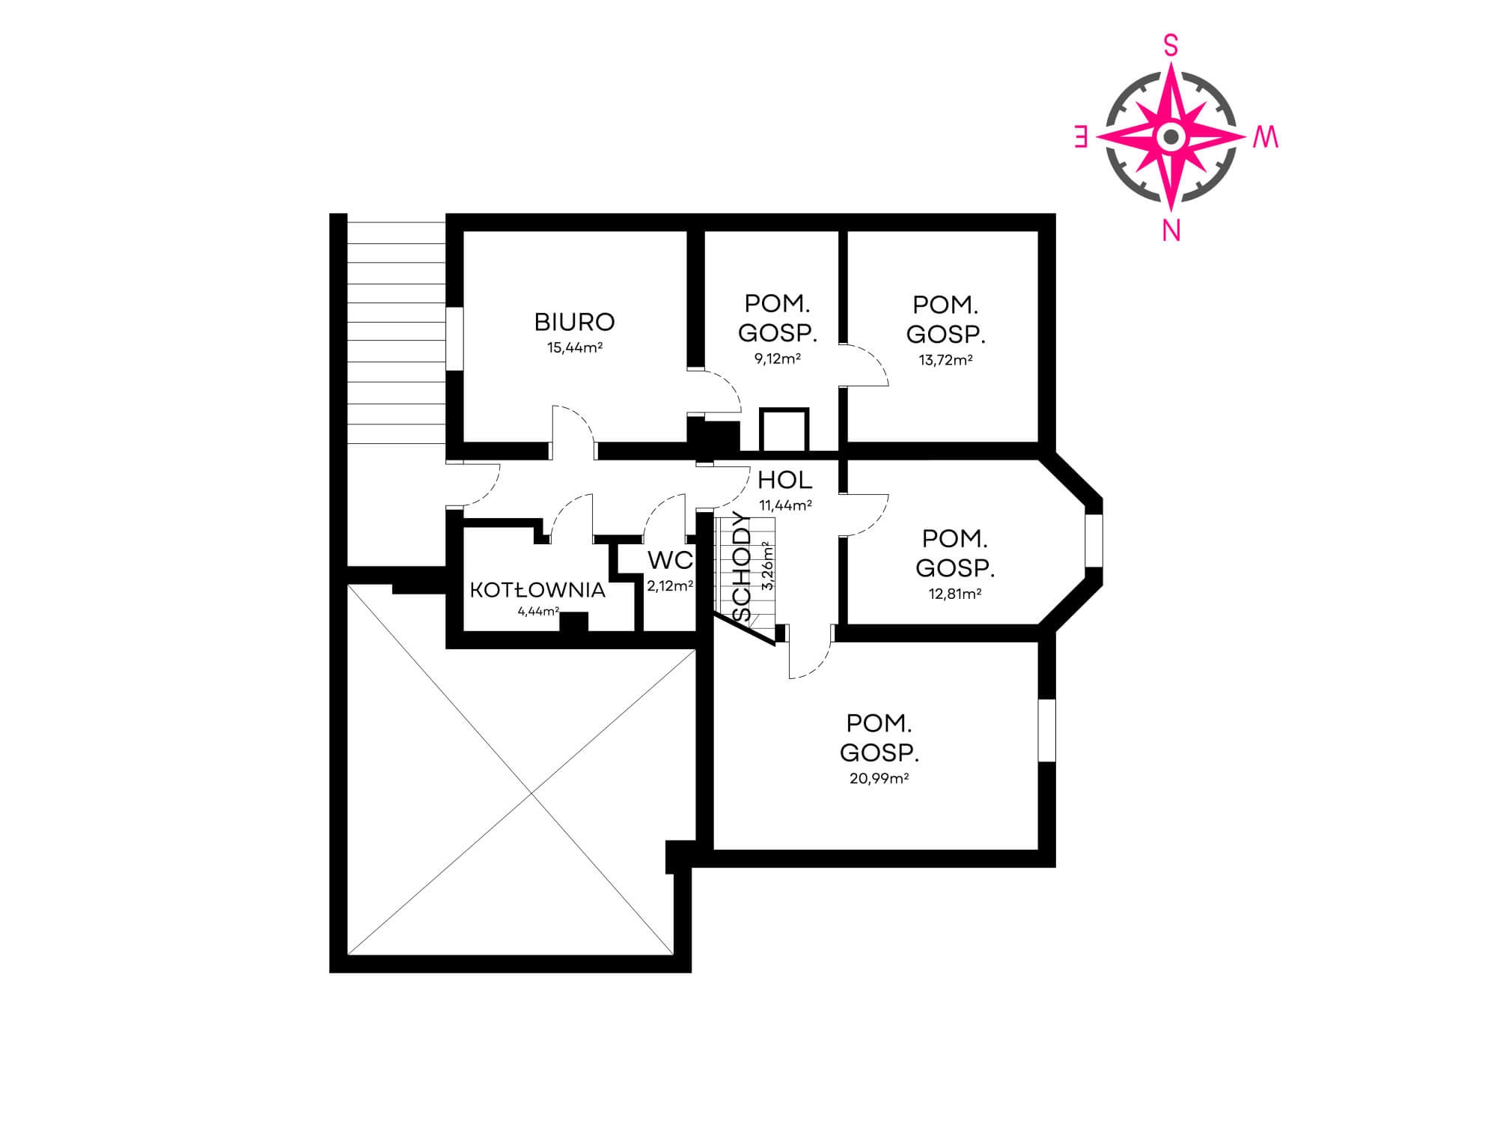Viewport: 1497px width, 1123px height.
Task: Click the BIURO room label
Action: click(x=574, y=322)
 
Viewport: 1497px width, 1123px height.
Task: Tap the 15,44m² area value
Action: click(x=575, y=347)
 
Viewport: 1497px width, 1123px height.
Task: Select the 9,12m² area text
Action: click(x=778, y=358)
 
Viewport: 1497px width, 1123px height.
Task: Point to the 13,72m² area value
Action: click(x=945, y=359)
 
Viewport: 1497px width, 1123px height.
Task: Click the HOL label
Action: click(x=784, y=480)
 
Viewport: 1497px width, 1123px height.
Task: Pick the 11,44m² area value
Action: click(x=785, y=505)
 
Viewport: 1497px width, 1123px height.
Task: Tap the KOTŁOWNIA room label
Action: click(x=537, y=590)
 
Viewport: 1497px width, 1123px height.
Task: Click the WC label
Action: click(x=670, y=560)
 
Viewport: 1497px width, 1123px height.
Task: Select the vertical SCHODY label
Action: click(x=743, y=566)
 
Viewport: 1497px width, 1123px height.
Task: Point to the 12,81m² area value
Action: click(x=954, y=594)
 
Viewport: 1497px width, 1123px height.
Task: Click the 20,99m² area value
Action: click(x=879, y=778)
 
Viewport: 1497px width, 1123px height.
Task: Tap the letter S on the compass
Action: click(x=1171, y=47)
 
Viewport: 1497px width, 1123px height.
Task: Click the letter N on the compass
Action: click(x=1171, y=231)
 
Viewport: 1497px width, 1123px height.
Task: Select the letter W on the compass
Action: click(x=1265, y=138)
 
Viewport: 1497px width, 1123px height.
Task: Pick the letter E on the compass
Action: click(x=1081, y=137)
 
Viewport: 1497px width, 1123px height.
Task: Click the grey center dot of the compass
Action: click(x=1171, y=137)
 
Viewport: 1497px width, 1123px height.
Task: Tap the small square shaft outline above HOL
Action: click(x=784, y=430)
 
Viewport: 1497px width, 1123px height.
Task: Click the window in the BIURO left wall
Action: click(x=454, y=338)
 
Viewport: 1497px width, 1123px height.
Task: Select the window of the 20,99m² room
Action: click(x=1047, y=731)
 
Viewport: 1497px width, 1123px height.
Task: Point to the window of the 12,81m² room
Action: click(x=1094, y=540)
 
